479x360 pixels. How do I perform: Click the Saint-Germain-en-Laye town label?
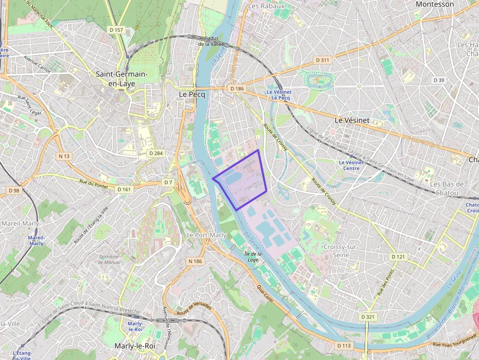click(x=122, y=79)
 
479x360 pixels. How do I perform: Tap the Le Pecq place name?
click(x=192, y=94)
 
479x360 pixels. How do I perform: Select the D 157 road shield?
click(x=116, y=30)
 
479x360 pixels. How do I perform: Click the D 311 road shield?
click(x=323, y=60)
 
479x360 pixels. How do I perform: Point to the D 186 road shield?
click(x=237, y=88)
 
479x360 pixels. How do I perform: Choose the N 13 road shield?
click(x=65, y=156)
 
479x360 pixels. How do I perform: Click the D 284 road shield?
click(x=155, y=153)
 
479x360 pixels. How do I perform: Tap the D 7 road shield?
click(x=168, y=182)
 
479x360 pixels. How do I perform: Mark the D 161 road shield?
click(x=124, y=189)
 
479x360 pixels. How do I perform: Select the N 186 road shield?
click(x=195, y=261)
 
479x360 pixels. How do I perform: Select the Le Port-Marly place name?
click(x=206, y=235)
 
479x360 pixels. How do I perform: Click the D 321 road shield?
click(x=369, y=317)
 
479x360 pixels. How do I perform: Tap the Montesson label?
click(x=435, y=4)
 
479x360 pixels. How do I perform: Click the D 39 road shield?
click(x=438, y=80)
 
